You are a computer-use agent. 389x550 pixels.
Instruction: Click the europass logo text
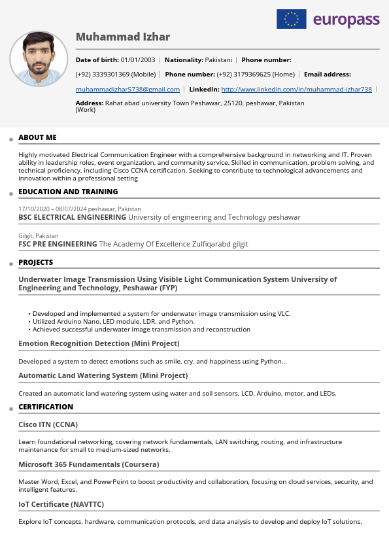pyautogui.click(x=346, y=20)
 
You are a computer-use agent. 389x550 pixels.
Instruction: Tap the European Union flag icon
pyautogui.click(x=292, y=19)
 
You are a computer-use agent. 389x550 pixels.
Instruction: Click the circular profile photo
pyautogui.click(x=39, y=58)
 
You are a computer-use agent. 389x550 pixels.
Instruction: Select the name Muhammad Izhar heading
pyautogui.click(x=123, y=37)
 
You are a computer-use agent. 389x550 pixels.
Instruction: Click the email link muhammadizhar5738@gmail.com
pyautogui.click(x=127, y=89)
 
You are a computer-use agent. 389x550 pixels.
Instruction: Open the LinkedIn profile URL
pyautogui.click(x=296, y=89)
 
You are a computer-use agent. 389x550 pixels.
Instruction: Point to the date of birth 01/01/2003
pyautogui.click(x=137, y=60)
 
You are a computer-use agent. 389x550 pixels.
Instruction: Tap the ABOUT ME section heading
pyautogui.click(x=37, y=137)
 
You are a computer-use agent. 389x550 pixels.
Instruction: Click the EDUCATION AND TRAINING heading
pyautogui.click(x=68, y=192)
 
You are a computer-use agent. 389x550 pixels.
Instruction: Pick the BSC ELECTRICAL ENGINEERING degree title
pyautogui.click(x=72, y=217)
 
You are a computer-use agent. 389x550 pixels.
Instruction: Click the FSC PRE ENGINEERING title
pyautogui.click(x=58, y=244)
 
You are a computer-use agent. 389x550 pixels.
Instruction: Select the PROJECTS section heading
pyautogui.click(x=35, y=262)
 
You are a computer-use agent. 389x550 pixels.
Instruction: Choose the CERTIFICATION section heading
pyautogui.click(x=46, y=407)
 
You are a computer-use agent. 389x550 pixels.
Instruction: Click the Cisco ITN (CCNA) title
pyautogui.click(x=48, y=424)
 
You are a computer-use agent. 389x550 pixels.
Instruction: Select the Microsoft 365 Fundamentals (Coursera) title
pyautogui.click(x=88, y=464)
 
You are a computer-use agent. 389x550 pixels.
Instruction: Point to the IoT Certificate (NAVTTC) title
pyautogui.click(x=61, y=504)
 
